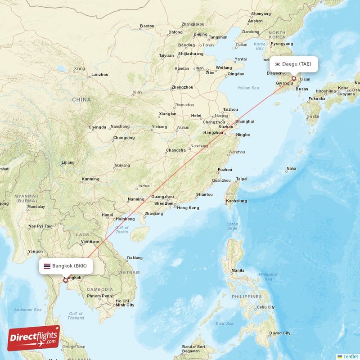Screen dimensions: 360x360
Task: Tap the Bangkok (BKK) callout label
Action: pyautogui.click(x=66, y=266)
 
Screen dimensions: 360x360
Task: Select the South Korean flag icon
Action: pyautogui.click(x=278, y=64)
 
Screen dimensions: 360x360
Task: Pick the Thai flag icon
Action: pyautogui.click(x=47, y=266)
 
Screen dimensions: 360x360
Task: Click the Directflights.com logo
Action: pyautogui.click(x=34, y=338)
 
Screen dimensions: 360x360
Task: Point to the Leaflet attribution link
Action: pyautogui.click(x=350, y=356)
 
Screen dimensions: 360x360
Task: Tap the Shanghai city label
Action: pyautogui.click(x=245, y=121)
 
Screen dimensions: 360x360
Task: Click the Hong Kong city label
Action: pyautogui.click(x=188, y=207)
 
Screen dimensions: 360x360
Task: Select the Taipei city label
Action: pyautogui.click(x=242, y=179)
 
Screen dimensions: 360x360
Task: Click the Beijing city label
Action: pyautogui.click(x=200, y=34)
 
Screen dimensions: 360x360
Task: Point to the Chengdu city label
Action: pyautogui.click(x=98, y=127)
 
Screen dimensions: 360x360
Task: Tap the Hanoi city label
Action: pyautogui.click(x=108, y=215)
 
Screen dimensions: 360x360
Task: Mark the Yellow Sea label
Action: pyautogui.click(x=248, y=88)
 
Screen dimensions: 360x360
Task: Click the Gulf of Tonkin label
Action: pyautogui.click(x=122, y=229)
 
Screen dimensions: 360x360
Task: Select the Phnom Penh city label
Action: pyautogui.click(x=99, y=296)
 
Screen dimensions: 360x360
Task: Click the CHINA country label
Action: pyautogui.click(x=81, y=99)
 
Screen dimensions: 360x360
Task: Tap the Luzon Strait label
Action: pyautogui.click(x=232, y=226)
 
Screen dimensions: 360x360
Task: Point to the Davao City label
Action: pyautogui.click(x=280, y=333)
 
